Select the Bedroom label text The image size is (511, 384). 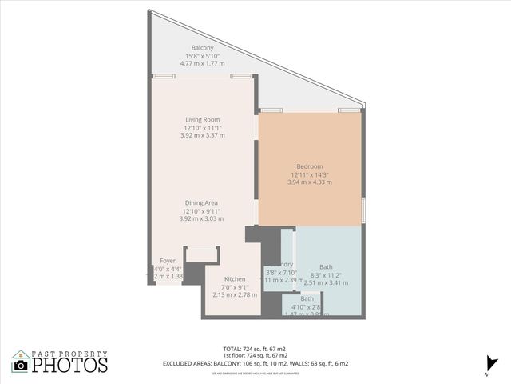point(310,166)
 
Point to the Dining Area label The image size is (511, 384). point(201,202)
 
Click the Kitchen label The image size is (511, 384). point(224,278)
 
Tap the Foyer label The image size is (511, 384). point(168,261)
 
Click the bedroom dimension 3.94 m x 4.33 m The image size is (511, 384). point(310,182)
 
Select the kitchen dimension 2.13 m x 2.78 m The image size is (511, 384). point(224,294)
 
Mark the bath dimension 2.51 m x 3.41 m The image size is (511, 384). point(327,282)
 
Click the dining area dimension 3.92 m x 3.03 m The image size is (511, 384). point(201,218)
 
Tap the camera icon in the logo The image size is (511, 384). point(21,365)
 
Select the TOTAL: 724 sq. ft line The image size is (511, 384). point(255,349)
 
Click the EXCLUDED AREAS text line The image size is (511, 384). point(255,363)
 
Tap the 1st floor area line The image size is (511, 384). point(255,356)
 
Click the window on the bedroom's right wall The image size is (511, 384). point(363,208)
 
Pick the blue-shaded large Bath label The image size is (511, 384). point(327,266)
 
